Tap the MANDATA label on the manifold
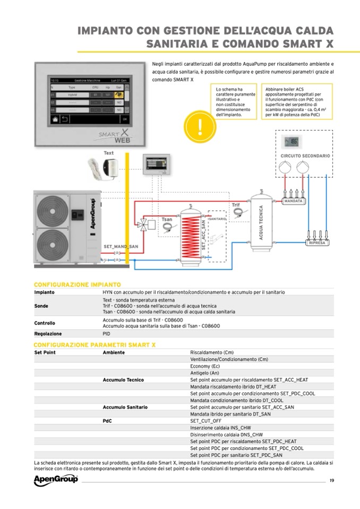[x=294, y=202]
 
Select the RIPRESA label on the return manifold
[x=318, y=243]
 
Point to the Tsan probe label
[x=166, y=219]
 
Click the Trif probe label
[x=236, y=205]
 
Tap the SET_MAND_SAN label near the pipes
[x=121, y=246]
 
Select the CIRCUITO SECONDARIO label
[x=305, y=156]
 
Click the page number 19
[x=331, y=481]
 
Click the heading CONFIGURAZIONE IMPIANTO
[x=78, y=285]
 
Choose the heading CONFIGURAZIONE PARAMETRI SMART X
[x=95, y=345]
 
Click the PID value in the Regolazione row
[x=106, y=334]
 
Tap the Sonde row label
[x=41, y=306]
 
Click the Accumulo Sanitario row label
[x=125, y=407]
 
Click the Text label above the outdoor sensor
[x=108, y=153]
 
